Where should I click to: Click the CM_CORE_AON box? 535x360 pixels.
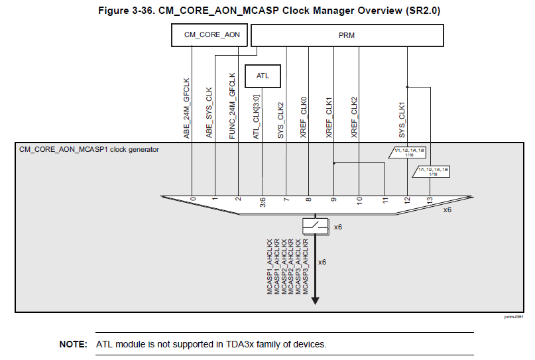pyautogui.click(x=211, y=35)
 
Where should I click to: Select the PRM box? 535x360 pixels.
pyautogui.click(x=347, y=35)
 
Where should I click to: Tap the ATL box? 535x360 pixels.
pyautogui.click(x=263, y=76)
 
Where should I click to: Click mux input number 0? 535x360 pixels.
pyautogui.click(x=193, y=198)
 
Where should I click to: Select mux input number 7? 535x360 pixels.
pyautogui.click(x=286, y=198)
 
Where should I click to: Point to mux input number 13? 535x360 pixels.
pyautogui.click(x=430, y=198)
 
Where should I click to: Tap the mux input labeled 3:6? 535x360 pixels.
pyautogui.click(x=263, y=200)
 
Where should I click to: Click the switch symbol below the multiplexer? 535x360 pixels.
pyautogui.click(x=316, y=226)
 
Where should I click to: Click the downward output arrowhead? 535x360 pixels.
pyautogui.click(x=316, y=300)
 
